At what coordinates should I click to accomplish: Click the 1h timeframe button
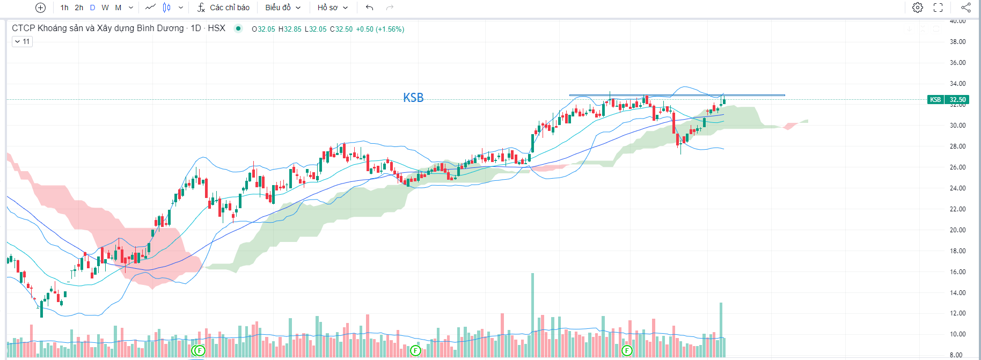pos(64,8)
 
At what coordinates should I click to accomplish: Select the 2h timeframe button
pos(79,8)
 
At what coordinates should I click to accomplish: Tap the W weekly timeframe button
pos(105,8)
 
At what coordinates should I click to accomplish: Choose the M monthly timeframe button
pos(118,8)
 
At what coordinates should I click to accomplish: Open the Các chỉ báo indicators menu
pos(224,8)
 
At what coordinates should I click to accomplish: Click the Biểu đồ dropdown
pos(283,8)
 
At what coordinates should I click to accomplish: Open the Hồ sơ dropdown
pos(332,8)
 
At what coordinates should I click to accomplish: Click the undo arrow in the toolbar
pos(369,8)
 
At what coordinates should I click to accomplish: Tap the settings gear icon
pos(918,8)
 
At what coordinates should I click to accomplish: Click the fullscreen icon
pos(938,8)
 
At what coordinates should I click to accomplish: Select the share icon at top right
pos(965,8)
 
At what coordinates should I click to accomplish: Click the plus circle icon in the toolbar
pos(40,8)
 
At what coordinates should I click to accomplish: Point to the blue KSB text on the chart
pos(413,98)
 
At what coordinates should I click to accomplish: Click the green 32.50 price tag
pos(957,100)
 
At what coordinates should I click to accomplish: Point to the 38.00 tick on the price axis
pos(957,42)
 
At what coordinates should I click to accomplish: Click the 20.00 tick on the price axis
pos(957,230)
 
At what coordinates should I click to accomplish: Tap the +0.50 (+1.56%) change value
pos(380,30)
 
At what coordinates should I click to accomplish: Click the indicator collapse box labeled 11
pos(22,41)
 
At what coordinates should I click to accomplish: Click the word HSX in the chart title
pos(216,28)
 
